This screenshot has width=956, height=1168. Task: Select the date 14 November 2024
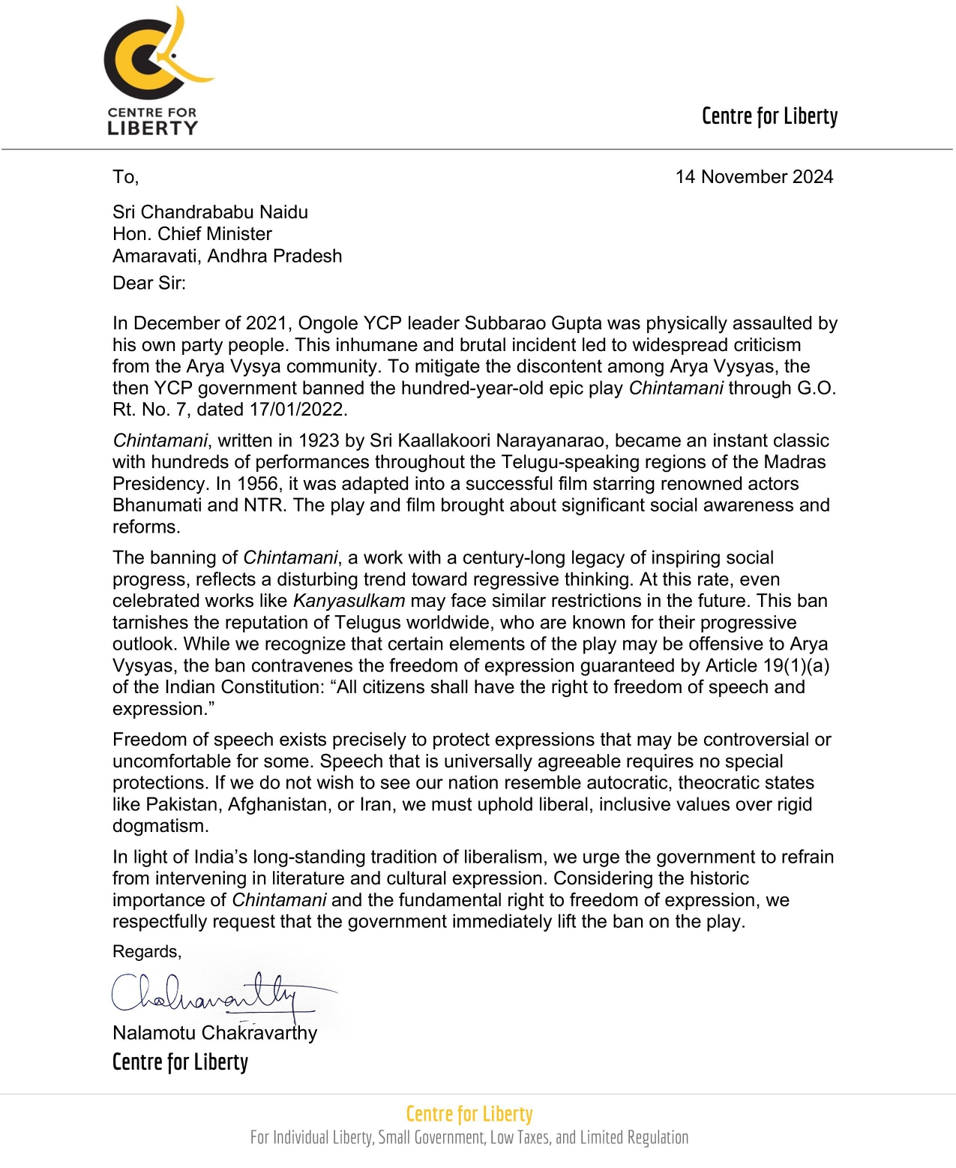click(754, 177)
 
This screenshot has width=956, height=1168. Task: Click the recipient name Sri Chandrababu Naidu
click(210, 212)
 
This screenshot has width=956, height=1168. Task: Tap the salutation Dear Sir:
click(149, 283)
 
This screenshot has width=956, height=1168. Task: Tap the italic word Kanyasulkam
click(349, 601)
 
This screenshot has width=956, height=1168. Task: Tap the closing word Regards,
click(147, 952)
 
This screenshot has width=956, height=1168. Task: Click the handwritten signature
click(217, 994)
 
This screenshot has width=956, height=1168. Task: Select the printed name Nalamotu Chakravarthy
click(214, 1033)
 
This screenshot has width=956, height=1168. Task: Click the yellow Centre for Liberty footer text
click(469, 1114)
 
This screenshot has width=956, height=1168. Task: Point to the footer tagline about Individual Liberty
click(469, 1137)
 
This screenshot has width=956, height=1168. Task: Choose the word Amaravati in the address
click(156, 256)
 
